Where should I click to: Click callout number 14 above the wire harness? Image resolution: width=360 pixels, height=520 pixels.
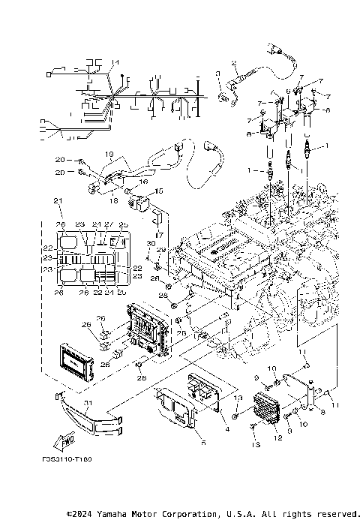point(115,62)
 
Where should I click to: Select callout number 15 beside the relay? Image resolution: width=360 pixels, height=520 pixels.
point(158,192)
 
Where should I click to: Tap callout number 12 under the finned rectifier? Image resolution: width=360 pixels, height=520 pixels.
point(278,437)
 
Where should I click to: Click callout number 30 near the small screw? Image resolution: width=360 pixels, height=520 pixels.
point(150,243)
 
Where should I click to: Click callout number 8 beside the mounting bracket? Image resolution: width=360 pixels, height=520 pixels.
point(323,411)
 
